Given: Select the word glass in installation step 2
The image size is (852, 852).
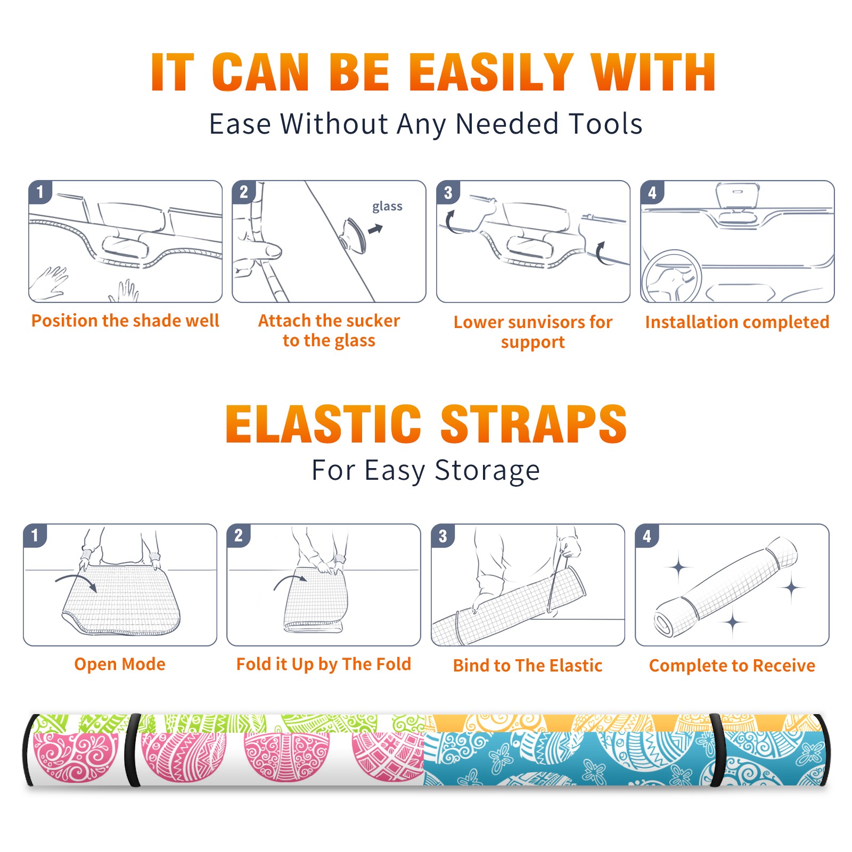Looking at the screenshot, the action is [387, 207].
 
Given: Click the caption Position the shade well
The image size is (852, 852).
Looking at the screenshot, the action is [125, 321].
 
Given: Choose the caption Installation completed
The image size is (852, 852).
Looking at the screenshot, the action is [737, 322].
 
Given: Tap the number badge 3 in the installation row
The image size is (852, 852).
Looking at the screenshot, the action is [448, 192].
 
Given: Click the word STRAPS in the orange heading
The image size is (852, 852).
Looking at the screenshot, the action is [534, 424].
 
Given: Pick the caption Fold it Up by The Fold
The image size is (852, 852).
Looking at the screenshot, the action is [324, 664].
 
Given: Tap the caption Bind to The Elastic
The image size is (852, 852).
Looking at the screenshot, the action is [528, 666].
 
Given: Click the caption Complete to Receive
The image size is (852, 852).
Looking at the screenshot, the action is [732, 666].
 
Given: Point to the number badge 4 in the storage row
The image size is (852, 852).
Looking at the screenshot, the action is [647, 536].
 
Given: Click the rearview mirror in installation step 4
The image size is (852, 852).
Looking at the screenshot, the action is [738, 195].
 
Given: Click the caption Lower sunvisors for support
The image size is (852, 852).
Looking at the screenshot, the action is [533, 332].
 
